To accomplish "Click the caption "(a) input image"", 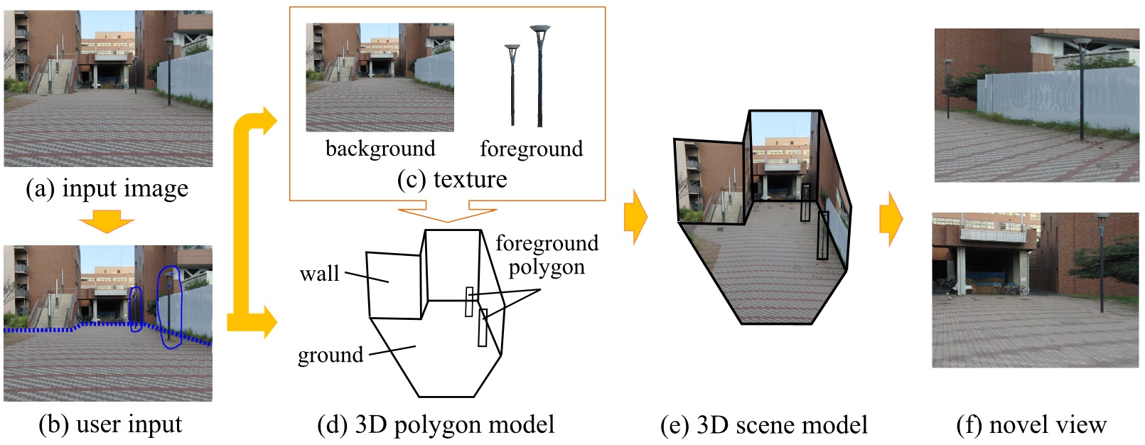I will (x=107, y=189).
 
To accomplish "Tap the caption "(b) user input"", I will (x=110, y=424).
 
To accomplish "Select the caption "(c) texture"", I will (x=452, y=179).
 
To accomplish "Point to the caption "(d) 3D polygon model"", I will (x=436, y=425).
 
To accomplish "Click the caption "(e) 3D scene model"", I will (x=764, y=425).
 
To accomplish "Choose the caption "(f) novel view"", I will (x=1031, y=425).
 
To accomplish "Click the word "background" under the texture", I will (x=380, y=149).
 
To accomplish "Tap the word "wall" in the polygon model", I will (x=319, y=274).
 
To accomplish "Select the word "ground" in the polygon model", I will (x=330, y=355).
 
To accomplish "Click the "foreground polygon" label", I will (x=547, y=254).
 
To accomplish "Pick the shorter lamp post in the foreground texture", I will (x=512, y=84).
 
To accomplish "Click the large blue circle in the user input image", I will (x=170, y=307).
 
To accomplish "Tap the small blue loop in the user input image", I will (x=136, y=309).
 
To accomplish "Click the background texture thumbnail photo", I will (x=380, y=77).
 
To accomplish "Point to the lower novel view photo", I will (x=1035, y=290).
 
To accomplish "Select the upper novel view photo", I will (x=1036, y=105).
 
